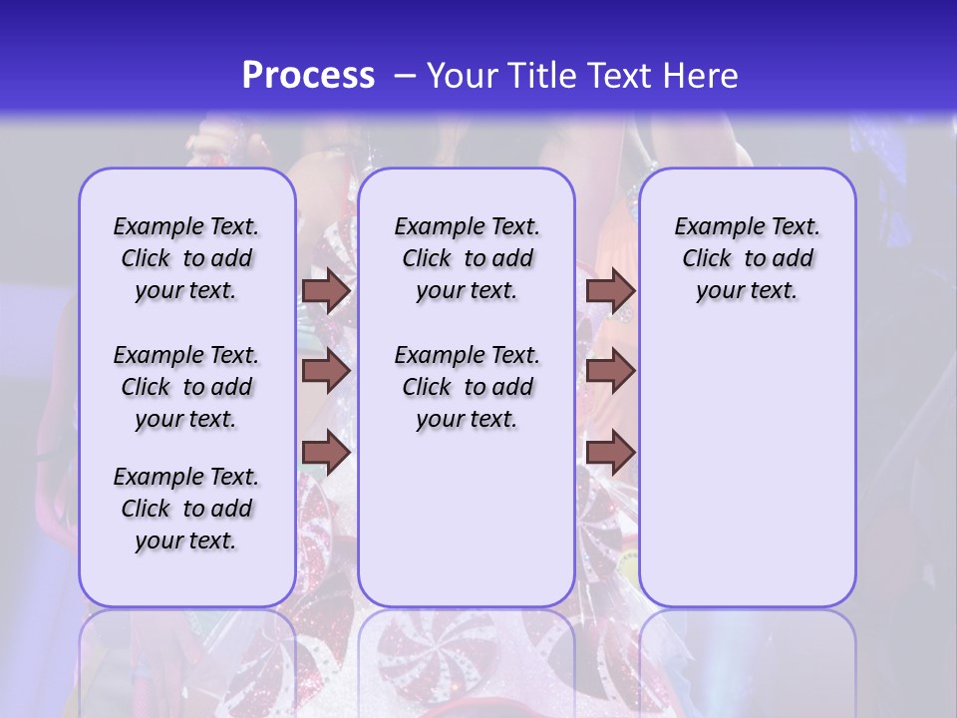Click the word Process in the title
click(x=307, y=76)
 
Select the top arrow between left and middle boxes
click(x=326, y=290)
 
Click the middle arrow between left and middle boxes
click(x=326, y=371)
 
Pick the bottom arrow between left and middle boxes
click(x=326, y=452)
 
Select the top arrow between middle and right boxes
click(x=610, y=290)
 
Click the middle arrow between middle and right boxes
click(x=610, y=371)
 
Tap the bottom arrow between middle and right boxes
click(x=610, y=452)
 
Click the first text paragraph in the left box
click(x=186, y=258)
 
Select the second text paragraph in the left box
click(x=186, y=387)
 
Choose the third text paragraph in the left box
click(x=186, y=509)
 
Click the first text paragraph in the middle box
click(x=467, y=258)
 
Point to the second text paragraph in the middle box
click(x=467, y=387)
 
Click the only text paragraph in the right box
click(x=747, y=258)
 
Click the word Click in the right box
click(x=707, y=259)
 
